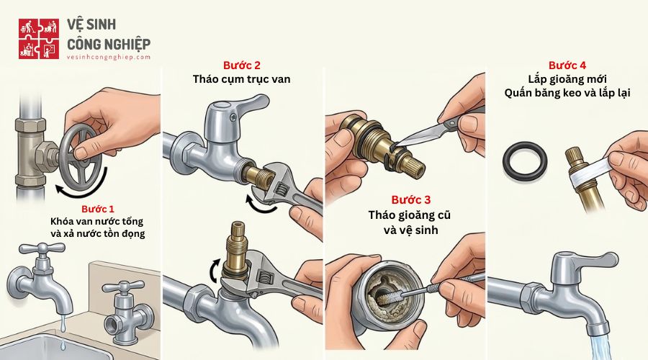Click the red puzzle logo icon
point(38,38)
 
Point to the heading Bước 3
point(410,199)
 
